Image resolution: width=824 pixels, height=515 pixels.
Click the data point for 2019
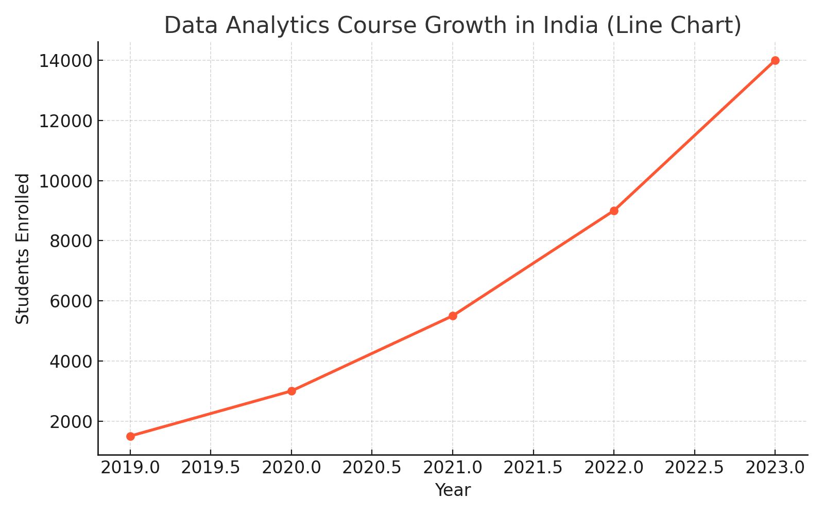[x=130, y=436]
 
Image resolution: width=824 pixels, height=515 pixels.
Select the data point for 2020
[x=291, y=391]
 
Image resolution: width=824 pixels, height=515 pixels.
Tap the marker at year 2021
[x=453, y=316]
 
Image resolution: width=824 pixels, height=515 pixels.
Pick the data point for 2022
[x=614, y=211]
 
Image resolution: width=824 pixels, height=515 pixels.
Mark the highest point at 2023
[x=775, y=60]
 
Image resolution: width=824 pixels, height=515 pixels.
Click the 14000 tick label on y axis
[x=63, y=61]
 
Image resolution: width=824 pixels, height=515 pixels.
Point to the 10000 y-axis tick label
[x=63, y=181]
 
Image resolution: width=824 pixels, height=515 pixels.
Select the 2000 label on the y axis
[x=70, y=422]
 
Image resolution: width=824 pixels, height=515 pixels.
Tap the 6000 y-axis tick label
[x=70, y=301]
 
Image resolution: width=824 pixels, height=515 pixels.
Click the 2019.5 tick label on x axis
[x=211, y=468]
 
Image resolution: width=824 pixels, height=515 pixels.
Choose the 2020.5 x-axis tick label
[x=372, y=468]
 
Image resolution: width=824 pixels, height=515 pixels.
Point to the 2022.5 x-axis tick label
[x=694, y=468]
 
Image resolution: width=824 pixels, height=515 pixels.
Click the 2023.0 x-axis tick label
[x=775, y=468]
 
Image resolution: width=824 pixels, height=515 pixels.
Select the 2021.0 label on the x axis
[x=453, y=468]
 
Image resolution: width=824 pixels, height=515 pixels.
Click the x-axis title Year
[x=453, y=490]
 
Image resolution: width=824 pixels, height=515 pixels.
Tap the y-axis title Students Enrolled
[x=23, y=248]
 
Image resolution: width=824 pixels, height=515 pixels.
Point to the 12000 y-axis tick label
[x=63, y=122]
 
